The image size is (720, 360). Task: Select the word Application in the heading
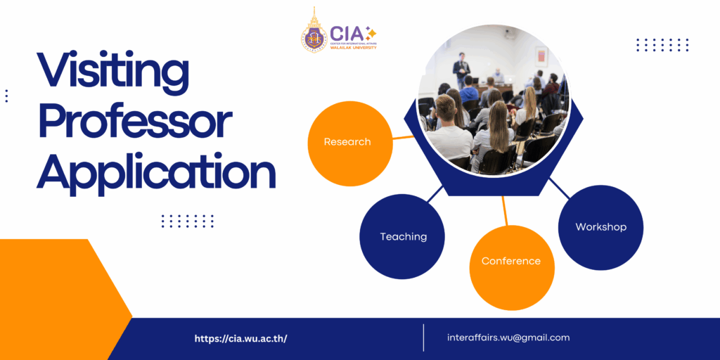[157, 171]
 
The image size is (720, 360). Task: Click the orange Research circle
[347, 142]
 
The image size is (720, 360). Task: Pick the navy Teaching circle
[403, 237]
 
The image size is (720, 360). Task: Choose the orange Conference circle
[511, 262]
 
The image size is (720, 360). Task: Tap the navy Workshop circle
[600, 227]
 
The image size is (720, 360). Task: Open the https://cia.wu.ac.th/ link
[240, 338]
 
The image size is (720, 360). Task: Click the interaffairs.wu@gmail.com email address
[508, 337]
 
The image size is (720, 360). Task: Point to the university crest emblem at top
[314, 32]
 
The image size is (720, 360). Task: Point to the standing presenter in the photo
[461, 70]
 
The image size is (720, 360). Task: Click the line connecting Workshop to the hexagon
[560, 188]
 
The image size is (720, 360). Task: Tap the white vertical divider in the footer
[423, 337]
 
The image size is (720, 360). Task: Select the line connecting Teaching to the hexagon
[435, 194]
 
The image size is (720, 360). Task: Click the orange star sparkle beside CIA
[371, 32]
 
